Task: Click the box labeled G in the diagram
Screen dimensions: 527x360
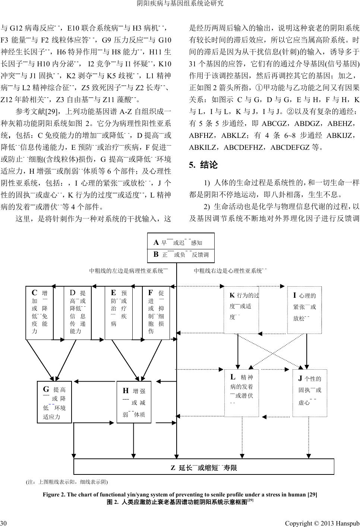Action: click(x=54, y=402)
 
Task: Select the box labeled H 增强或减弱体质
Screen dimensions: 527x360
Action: click(x=134, y=402)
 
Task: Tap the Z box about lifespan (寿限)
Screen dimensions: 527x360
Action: click(x=204, y=467)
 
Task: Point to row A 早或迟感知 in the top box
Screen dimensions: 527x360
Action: click(x=181, y=243)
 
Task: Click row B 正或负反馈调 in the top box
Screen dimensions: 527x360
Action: click(x=181, y=255)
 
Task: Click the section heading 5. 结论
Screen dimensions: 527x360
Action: click(x=203, y=165)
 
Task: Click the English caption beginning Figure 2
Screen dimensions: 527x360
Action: click(x=180, y=495)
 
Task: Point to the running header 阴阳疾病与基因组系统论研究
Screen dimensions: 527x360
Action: click(x=180, y=4)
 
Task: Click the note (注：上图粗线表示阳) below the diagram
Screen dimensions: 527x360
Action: click(x=66, y=482)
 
